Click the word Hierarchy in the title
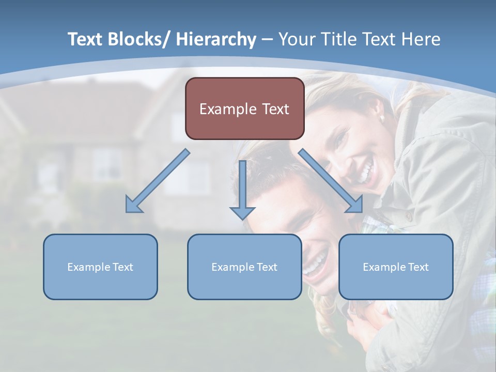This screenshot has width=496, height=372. point(216,40)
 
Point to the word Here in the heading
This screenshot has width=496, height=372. point(421,40)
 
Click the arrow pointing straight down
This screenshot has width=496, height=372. point(242,191)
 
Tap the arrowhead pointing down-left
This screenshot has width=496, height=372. point(134,205)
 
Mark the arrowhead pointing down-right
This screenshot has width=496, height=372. point(355,205)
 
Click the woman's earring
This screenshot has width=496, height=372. point(382,118)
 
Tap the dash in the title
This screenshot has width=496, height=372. point(267,40)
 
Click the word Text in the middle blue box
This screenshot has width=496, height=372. point(267,267)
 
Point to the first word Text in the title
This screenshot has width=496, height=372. point(85,40)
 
